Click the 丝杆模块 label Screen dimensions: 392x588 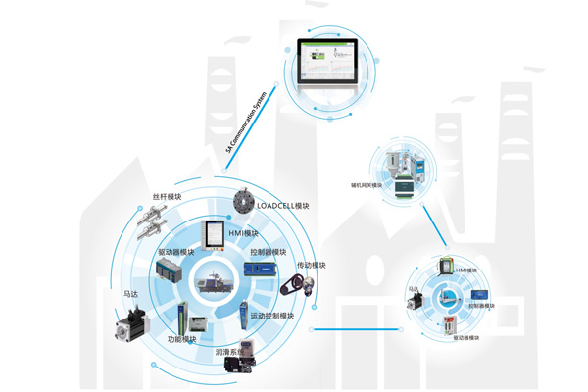168,197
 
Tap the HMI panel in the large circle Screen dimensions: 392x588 212,233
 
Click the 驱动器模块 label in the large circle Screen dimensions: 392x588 176,252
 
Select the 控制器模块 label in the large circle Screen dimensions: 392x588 268,252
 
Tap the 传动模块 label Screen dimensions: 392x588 311,265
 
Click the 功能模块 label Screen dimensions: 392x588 181,339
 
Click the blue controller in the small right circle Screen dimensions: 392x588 478,295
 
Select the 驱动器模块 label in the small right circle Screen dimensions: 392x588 466,338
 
